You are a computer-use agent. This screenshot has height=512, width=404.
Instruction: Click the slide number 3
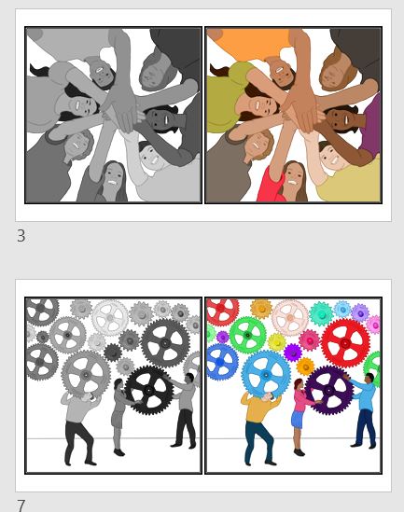coord(21,236)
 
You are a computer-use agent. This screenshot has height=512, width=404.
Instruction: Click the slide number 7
coord(21,505)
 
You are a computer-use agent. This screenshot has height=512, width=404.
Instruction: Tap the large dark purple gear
coord(328,389)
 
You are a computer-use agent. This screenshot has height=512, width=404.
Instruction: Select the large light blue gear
coord(266,373)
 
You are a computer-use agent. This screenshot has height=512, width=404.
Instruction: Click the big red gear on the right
coord(345,342)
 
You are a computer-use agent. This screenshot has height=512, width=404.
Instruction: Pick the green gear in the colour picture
coord(247,335)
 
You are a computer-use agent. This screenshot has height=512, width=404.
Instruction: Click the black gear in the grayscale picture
coord(148,389)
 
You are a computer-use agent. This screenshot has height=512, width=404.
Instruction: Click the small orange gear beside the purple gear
coord(305,367)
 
